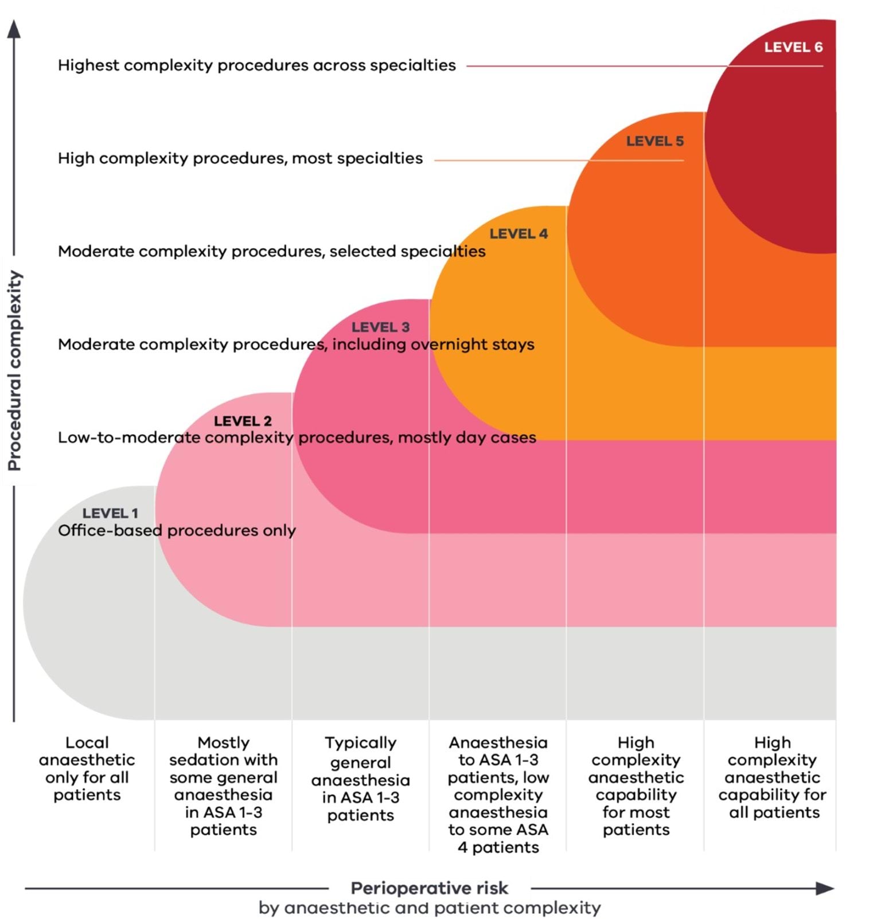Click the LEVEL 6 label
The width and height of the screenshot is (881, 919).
793,48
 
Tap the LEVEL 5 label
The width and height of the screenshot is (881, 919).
654,141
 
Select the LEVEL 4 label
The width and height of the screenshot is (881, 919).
518,234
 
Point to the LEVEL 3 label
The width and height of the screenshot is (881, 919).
380,327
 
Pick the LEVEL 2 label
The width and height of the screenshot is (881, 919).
243,421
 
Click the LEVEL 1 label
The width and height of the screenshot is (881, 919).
110,513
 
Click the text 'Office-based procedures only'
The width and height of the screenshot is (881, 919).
177,530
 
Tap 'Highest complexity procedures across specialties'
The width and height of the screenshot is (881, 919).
256,65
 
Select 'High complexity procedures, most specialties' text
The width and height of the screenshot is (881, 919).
240,158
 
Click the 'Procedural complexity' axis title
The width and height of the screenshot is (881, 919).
14,370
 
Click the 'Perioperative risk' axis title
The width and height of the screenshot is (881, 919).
429,888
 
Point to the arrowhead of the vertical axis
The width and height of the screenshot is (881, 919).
14,29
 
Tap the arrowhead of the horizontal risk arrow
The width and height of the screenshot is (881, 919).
825,888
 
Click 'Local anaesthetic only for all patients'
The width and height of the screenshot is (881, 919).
87,768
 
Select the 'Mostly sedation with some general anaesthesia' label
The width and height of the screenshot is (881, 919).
223,785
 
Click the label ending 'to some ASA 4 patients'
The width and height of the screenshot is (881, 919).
498,795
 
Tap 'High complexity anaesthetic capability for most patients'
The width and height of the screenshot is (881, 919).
636,785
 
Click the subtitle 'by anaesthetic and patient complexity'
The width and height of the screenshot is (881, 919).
429,908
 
